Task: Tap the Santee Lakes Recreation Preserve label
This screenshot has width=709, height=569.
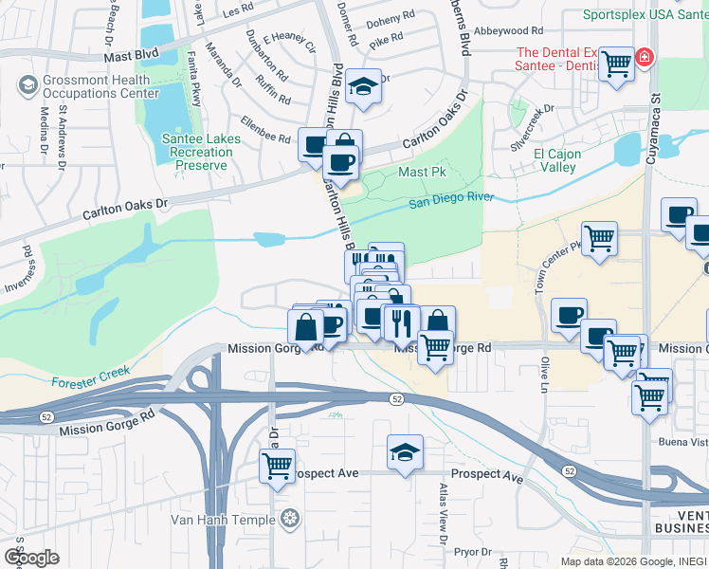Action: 201,152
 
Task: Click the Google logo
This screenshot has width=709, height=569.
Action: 30,557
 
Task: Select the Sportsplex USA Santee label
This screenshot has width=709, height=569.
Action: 645,15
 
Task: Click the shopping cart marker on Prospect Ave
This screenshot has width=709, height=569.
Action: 277,466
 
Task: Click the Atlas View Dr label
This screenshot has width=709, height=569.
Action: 443,513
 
